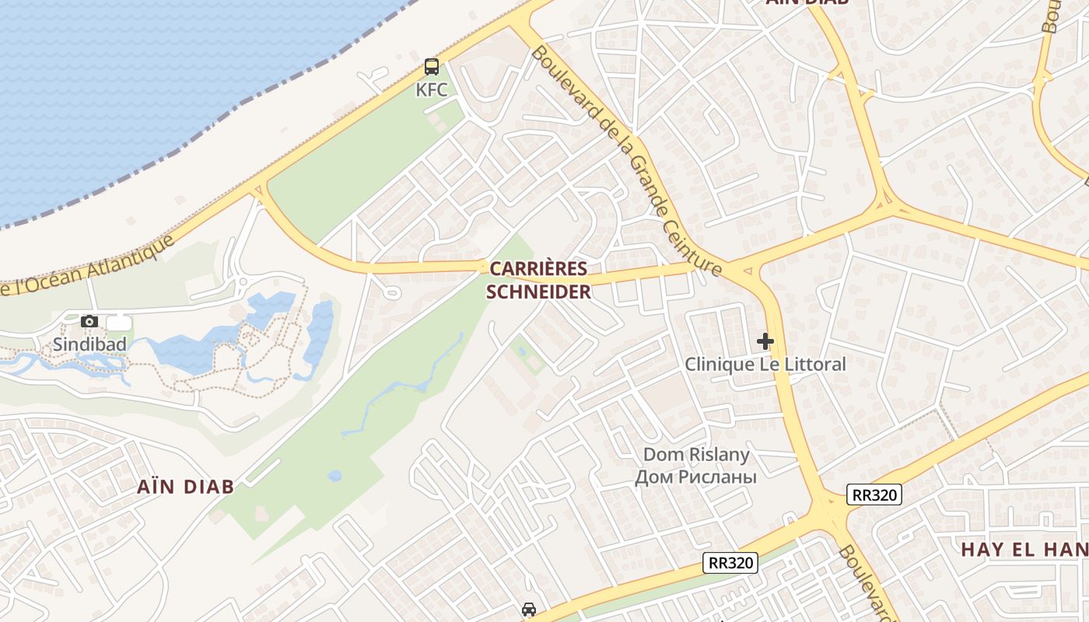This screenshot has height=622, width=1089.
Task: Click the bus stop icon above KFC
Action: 431,67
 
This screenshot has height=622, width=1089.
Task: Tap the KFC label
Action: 431,89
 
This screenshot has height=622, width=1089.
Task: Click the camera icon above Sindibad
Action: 89,321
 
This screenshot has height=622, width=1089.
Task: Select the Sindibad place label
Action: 89,344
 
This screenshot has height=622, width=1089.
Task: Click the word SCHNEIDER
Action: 538,292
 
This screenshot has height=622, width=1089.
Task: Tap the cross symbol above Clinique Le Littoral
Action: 765,341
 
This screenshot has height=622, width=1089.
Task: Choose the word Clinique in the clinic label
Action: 720,364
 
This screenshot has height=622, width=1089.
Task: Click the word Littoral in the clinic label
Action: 814,364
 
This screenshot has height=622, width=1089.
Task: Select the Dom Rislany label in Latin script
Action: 696,454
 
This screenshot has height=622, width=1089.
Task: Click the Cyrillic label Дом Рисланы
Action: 696,476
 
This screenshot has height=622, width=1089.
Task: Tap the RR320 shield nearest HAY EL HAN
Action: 874,494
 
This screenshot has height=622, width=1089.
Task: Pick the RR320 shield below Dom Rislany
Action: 730,563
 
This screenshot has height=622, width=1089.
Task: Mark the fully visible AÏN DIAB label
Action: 185,487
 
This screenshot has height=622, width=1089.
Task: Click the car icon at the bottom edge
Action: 529,610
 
